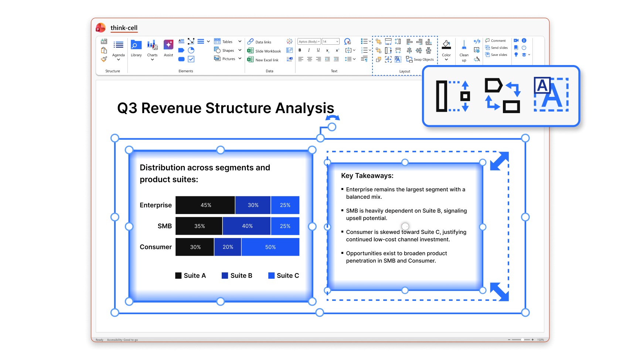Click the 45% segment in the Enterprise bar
(x=205, y=205)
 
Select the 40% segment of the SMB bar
(x=247, y=226)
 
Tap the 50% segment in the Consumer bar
(x=270, y=247)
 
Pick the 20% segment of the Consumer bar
(x=228, y=247)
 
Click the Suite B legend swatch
(x=225, y=275)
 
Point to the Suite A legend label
(x=195, y=275)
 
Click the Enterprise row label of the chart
(x=156, y=205)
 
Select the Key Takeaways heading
(x=367, y=176)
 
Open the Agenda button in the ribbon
(x=118, y=50)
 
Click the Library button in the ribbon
(x=136, y=49)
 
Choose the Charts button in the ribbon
(x=152, y=50)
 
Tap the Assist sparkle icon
(x=168, y=45)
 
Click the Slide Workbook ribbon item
(x=264, y=51)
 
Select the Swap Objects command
(x=420, y=59)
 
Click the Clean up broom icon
(x=464, y=45)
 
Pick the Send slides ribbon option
(x=497, y=48)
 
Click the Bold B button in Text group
(x=300, y=50)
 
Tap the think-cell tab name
(x=124, y=28)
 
